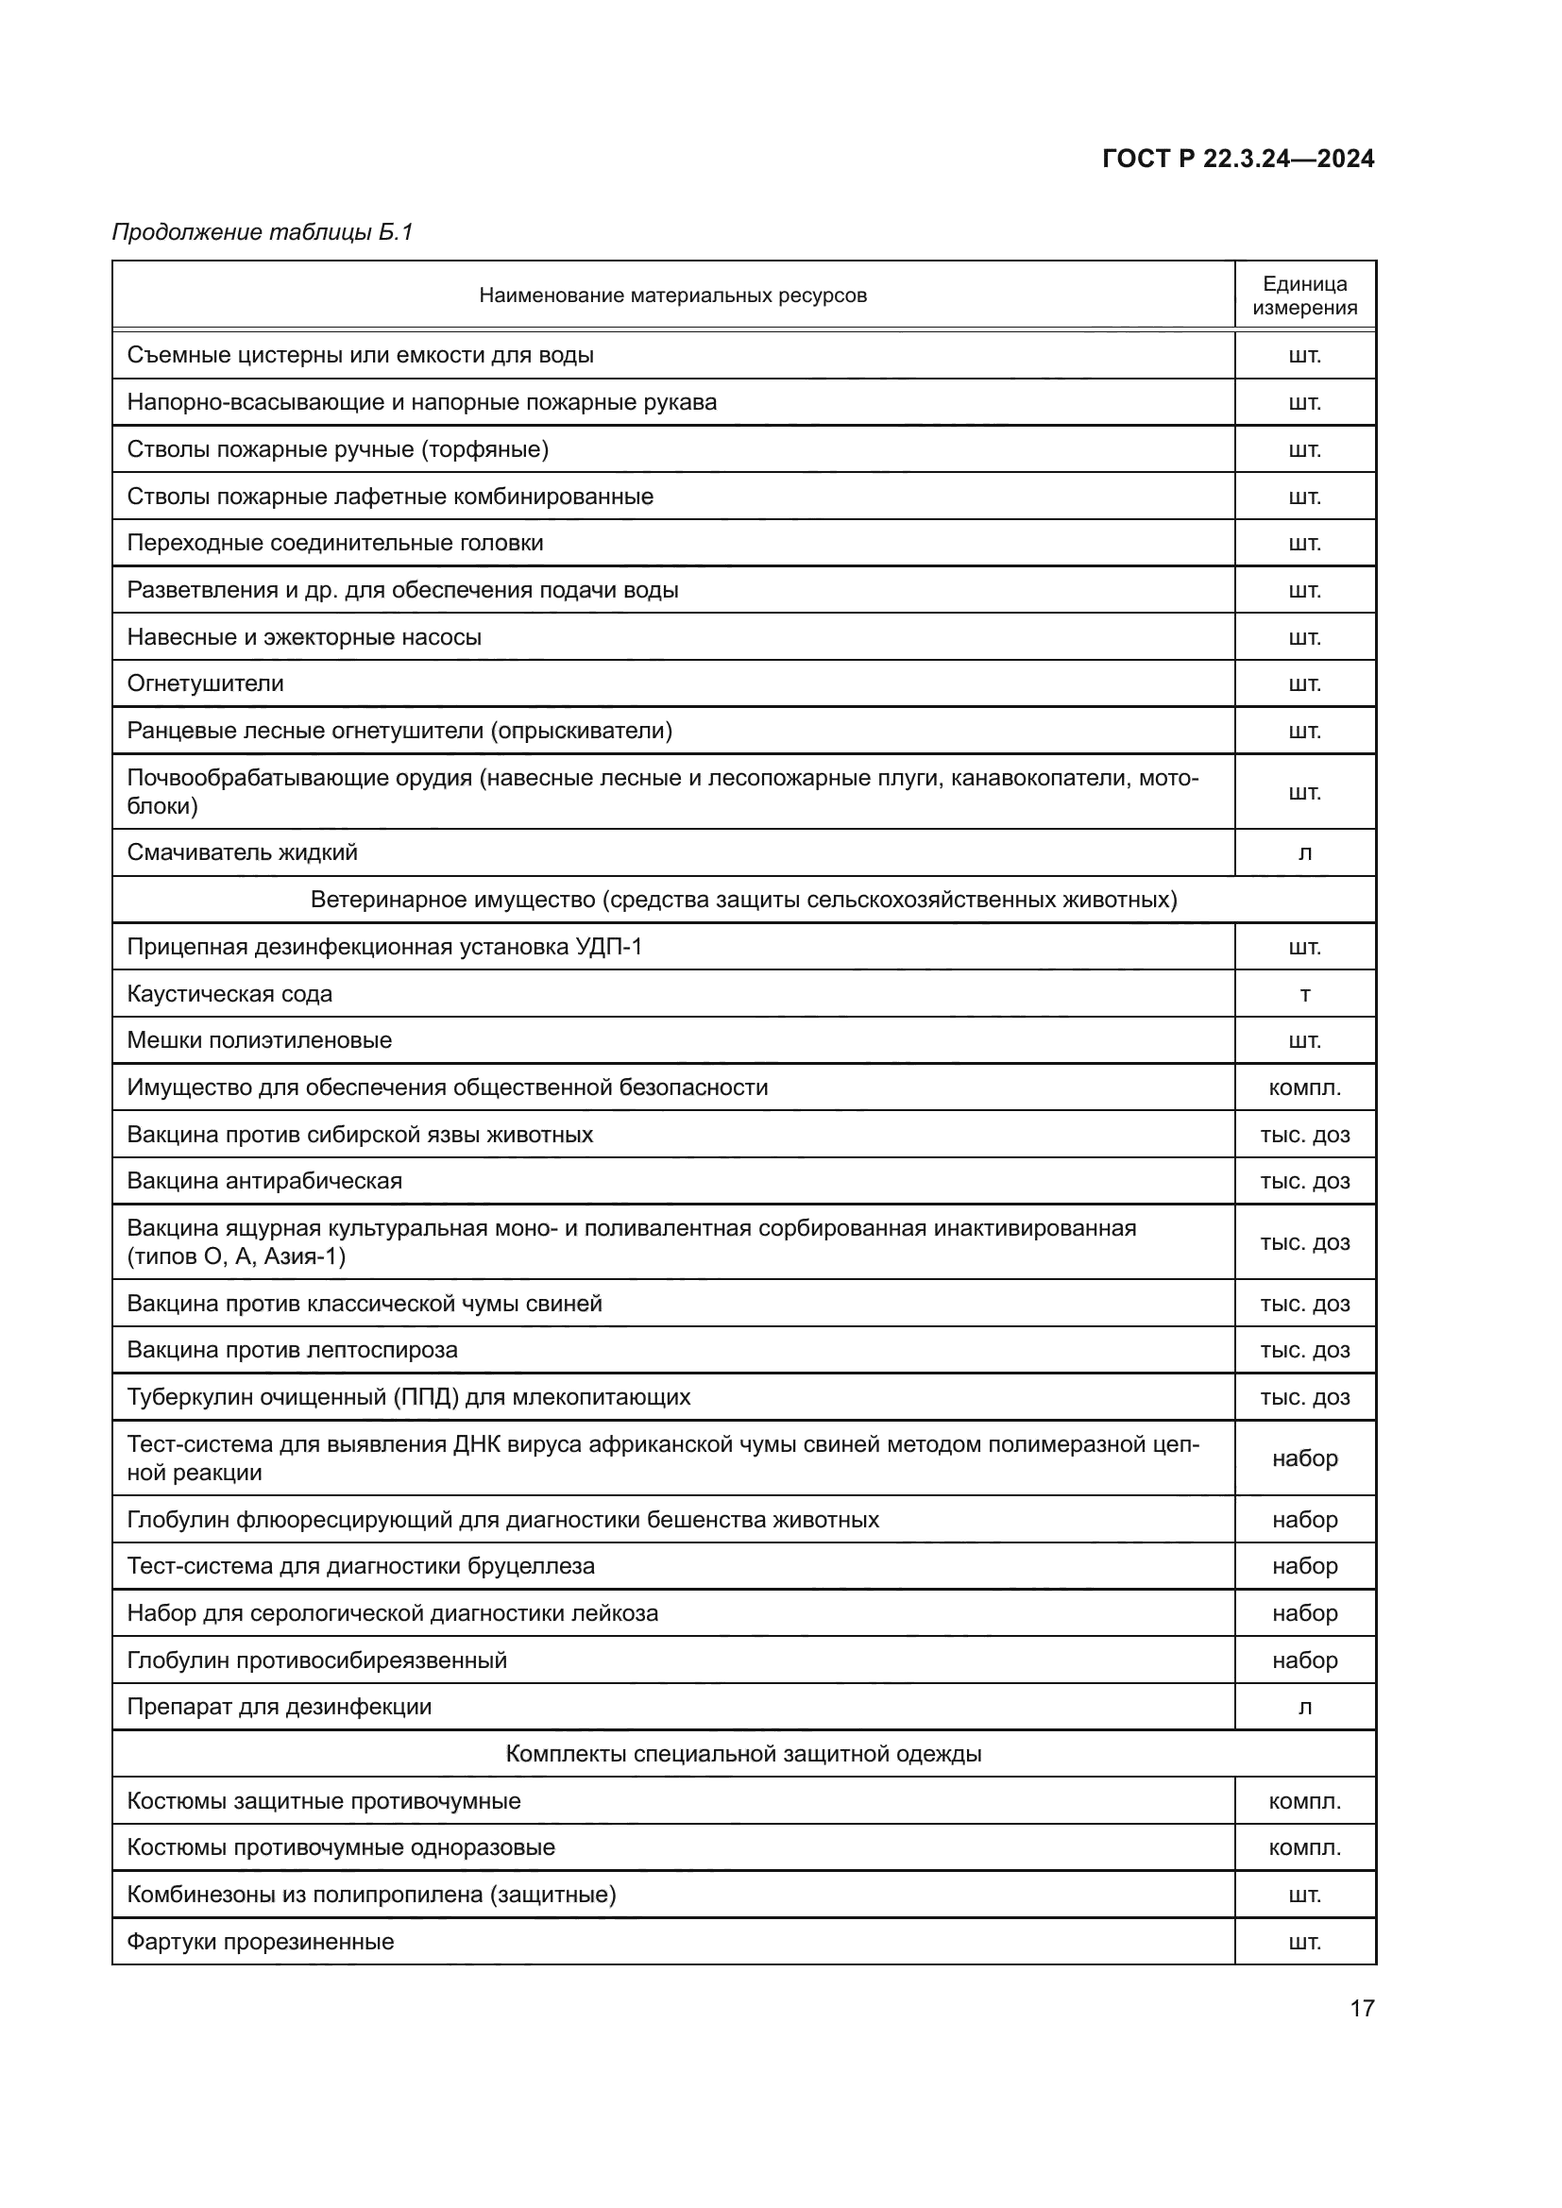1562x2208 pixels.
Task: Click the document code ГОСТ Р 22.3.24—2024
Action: pyautogui.click(x=1238, y=159)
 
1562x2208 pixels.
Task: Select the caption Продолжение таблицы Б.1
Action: pyautogui.click(x=263, y=232)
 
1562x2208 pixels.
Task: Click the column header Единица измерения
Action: pyautogui.click(x=1304, y=295)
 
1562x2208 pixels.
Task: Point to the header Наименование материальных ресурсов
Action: pyautogui.click(x=672, y=295)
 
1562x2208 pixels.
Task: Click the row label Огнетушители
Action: pyautogui.click(x=206, y=683)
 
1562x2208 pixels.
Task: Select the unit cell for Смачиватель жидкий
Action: pyautogui.click(x=1304, y=853)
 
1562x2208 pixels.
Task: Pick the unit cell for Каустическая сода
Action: pyautogui.click(x=1304, y=994)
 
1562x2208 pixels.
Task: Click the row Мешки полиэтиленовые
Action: pyautogui.click(x=260, y=1040)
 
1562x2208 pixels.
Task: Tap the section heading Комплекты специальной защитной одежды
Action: pyautogui.click(x=743, y=1754)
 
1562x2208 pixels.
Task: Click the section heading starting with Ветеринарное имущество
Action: pyautogui.click(x=743, y=901)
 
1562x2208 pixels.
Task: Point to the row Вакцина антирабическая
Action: pyautogui.click(x=264, y=1181)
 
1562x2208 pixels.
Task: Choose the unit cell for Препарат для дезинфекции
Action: pyautogui.click(x=1304, y=1707)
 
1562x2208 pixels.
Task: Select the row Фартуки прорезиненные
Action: pyautogui.click(x=261, y=1942)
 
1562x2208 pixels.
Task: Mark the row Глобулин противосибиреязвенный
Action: pyautogui.click(x=316, y=1660)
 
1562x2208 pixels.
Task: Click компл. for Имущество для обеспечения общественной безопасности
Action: pyautogui.click(x=1304, y=1087)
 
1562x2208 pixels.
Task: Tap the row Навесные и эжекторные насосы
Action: pyautogui.click(x=304, y=637)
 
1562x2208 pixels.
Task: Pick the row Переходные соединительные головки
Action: pyautogui.click(x=334, y=544)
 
